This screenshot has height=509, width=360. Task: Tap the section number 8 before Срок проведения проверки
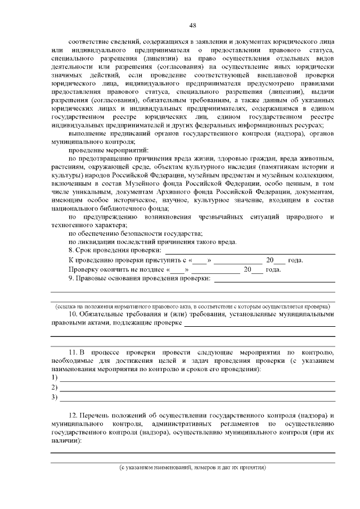point(70,250)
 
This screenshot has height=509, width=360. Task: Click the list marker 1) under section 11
point(55,377)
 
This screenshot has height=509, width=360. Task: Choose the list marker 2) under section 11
point(55,388)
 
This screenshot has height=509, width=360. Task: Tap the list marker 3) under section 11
point(55,398)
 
